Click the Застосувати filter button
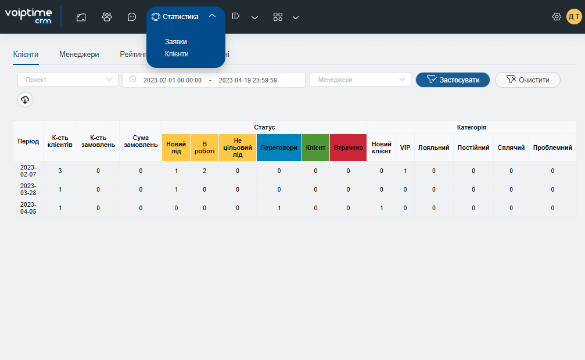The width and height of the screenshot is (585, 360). [453, 80]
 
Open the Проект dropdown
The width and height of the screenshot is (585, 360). [68, 80]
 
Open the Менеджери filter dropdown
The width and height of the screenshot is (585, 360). [360, 80]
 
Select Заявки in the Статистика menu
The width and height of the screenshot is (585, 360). [175, 42]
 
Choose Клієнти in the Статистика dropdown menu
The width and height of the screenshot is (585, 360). [177, 54]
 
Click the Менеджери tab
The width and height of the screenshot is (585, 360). [79, 55]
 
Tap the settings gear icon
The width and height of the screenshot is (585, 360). [557, 17]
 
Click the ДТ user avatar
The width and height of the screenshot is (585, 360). [574, 17]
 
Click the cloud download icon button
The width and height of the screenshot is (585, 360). [25, 100]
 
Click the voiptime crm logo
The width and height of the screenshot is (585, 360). [28, 16]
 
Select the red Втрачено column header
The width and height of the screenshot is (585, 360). [348, 147]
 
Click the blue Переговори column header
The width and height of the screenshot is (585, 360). [279, 147]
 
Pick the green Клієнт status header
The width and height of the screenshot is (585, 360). [315, 147]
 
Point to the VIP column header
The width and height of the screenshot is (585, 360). [405, 147]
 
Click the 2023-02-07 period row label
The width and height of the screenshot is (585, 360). [28, 171]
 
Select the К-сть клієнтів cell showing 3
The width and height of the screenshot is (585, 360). [60, 171]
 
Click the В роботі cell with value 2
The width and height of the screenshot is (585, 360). [204, 171]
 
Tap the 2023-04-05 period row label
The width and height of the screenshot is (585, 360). [28, 208]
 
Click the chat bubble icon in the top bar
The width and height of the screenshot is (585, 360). [132, 17]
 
